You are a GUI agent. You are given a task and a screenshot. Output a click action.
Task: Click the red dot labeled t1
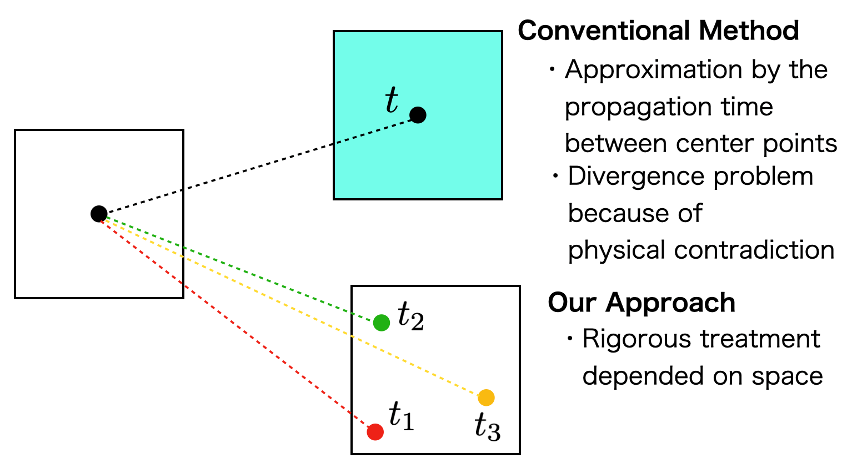(x=375, y=431)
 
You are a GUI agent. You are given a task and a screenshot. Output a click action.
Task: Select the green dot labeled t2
(x=381, y=322)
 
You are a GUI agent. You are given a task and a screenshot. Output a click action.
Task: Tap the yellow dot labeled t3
(x=486, y=397)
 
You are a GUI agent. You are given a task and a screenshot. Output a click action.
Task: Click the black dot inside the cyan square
(x=418, y=115)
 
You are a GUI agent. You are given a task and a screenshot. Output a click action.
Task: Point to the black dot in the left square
(x=99, y=214)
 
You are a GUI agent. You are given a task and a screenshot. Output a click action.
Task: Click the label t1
(x=401, y=416)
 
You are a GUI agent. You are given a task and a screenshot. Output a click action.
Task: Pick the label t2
(x=411, y=317)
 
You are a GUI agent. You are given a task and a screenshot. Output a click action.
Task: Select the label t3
(x=487, y=427)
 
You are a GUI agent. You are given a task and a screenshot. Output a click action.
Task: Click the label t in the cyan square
(x=392, y=101)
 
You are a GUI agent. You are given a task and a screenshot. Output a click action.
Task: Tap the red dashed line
(x=233, y=321)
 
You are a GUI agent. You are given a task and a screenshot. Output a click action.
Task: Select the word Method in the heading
(x=749, y=31)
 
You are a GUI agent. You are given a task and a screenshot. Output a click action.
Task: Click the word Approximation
(x=653, y=71)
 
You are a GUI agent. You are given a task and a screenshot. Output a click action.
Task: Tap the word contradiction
(x=754, y=250)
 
